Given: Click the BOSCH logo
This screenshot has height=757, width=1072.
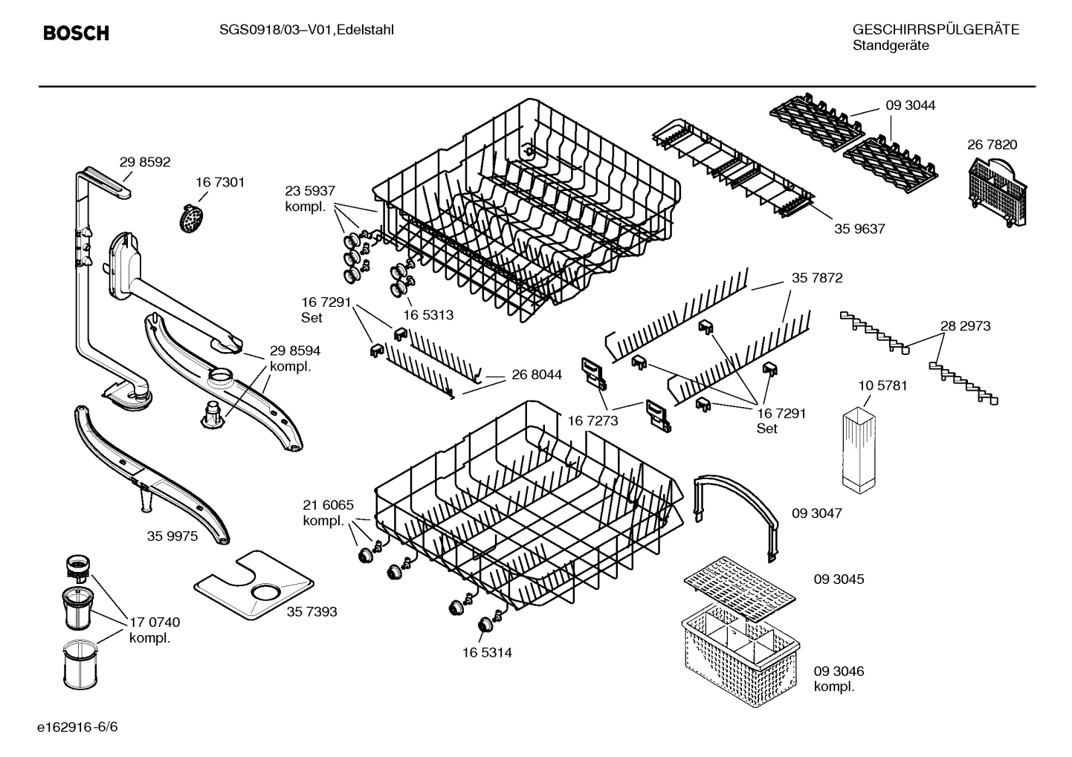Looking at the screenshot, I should tap(76, 33).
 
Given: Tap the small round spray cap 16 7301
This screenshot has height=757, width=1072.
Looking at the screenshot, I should tap(193, 218).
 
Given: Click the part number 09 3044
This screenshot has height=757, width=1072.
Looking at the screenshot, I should tap(910, 105).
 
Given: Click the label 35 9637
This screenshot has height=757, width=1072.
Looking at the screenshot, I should tap(859, 229).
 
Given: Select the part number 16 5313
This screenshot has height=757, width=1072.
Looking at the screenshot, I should tap(427, 315).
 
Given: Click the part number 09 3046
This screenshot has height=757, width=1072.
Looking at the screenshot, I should tap(839, 671).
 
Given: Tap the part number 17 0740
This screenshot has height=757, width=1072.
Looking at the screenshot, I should tap(155, 622).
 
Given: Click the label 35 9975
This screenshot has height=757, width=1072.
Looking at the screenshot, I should tap(172, 536).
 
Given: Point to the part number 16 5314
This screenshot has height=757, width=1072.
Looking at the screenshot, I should tap(486, 652).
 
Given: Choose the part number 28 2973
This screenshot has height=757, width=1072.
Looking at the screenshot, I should tap(965, 326).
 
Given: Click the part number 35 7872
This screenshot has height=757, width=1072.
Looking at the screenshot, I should tap(816, 278).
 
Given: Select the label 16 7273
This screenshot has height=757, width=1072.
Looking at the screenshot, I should tap(593, 421).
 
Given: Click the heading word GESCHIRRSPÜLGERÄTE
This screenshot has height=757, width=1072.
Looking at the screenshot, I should tap(935, 30).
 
